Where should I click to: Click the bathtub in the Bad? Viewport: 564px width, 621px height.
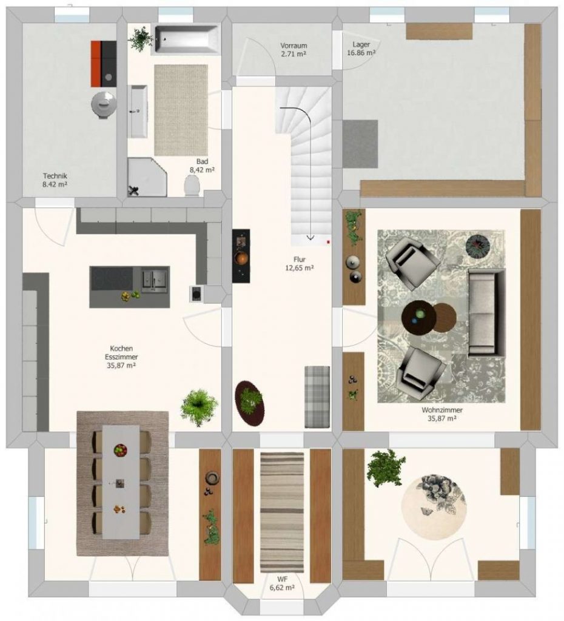187,39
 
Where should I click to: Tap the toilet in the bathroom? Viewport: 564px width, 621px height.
192,186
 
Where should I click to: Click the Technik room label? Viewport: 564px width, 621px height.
55,180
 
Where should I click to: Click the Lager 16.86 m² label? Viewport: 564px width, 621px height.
361,49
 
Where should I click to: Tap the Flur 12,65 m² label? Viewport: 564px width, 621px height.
300,263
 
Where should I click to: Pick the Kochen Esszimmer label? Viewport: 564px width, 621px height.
121,357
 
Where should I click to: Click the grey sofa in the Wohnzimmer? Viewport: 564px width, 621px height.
487,313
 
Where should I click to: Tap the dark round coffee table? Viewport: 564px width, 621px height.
419,318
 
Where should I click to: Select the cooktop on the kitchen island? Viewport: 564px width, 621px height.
112,278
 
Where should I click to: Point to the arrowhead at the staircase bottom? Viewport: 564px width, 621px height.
310,238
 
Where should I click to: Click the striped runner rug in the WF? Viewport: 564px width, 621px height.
282,512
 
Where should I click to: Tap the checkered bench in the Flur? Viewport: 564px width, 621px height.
317,397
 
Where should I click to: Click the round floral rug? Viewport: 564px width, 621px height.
434,508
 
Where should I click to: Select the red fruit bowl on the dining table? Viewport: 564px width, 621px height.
121,450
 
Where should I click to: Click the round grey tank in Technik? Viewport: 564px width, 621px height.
104,104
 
